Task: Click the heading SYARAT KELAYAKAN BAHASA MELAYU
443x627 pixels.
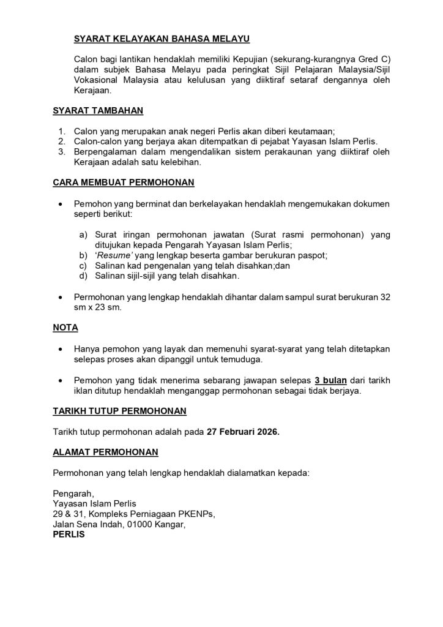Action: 162,39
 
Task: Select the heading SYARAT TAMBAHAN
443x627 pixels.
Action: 98,111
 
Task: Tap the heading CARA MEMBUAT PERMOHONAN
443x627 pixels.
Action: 124,182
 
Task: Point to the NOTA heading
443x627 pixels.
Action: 65,328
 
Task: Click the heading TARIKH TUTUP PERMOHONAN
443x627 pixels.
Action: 120,410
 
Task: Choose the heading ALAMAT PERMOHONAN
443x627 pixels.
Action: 106,452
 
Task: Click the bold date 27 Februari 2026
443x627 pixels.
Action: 242,432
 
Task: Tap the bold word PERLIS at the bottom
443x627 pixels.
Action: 69,534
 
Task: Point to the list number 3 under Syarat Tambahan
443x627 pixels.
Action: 61,152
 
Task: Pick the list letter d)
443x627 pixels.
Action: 83,276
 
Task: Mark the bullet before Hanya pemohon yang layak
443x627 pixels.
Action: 59,349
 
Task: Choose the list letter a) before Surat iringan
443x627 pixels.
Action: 83,234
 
